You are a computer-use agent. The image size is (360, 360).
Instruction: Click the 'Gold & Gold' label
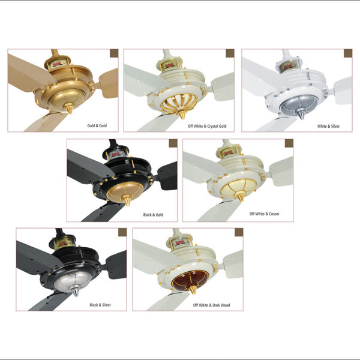pos(97,125)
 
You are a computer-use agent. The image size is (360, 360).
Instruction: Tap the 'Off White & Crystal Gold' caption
pos(207,126)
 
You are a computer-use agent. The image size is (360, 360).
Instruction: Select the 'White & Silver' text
pos(328,126)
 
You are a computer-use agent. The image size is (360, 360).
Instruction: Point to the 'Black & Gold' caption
pos(153,215)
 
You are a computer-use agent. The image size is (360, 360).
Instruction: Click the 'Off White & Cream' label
pos(264,214)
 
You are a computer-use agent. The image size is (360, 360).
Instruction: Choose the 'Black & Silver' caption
pos(100,305)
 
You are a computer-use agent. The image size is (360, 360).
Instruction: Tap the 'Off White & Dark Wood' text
pos(211,305)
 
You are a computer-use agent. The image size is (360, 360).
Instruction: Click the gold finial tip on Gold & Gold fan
pos(70,112)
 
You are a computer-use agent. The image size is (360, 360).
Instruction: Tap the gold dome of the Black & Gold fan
pos(125,191)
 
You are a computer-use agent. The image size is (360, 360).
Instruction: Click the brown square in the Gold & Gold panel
pos(114,53)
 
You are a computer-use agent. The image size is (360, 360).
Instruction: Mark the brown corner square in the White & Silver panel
pos(348,53)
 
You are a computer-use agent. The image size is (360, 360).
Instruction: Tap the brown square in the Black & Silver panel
pos(122,232)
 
